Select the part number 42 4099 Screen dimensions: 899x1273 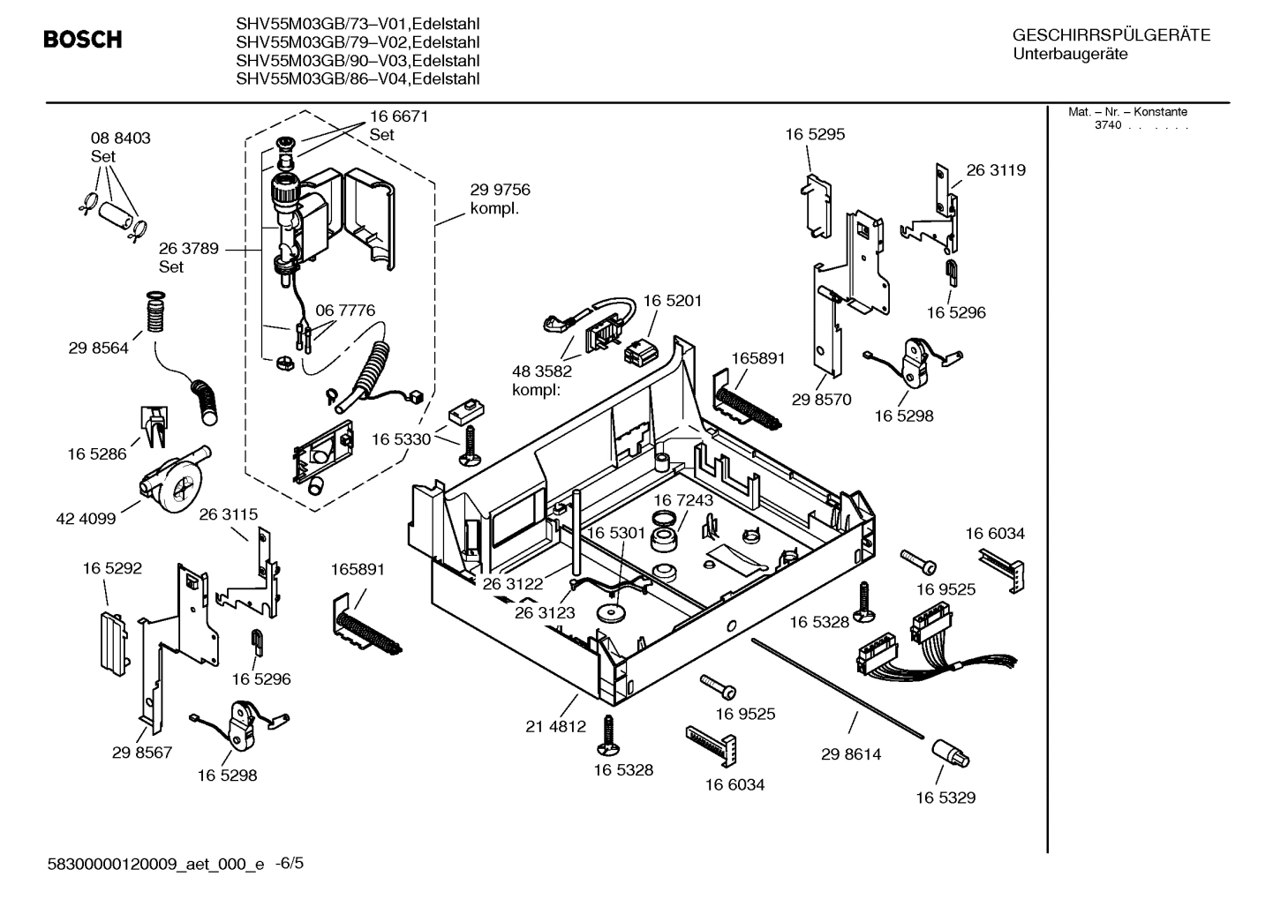click(x=86, y=519)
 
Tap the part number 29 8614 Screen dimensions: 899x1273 click(x=850, y=754)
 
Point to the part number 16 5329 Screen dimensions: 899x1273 click(x=945, y=798)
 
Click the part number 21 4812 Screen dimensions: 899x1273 click(x=555, y=727)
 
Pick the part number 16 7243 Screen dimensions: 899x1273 click(x=683, y=500)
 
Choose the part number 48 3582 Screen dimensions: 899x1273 click(x=542, y=371)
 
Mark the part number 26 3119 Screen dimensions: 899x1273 click(x=996, y=170)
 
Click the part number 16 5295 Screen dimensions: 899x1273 click(x=815, y=134)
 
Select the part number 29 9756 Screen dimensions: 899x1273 click(x=500, y=190)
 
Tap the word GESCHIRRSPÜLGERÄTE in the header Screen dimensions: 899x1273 click(x=1111, y=35)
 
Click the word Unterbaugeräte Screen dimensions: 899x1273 click(x=1070, y=54)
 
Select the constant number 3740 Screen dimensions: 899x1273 click(x=1107, y=125)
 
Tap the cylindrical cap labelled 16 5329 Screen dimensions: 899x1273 click(x=949, y=754)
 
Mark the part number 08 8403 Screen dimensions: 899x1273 click(x=121, y=138)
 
